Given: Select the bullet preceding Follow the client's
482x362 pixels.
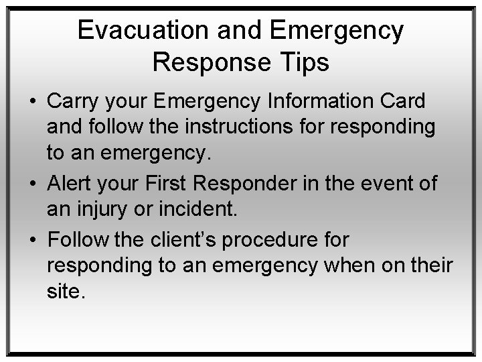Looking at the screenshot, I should coord(32,240).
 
